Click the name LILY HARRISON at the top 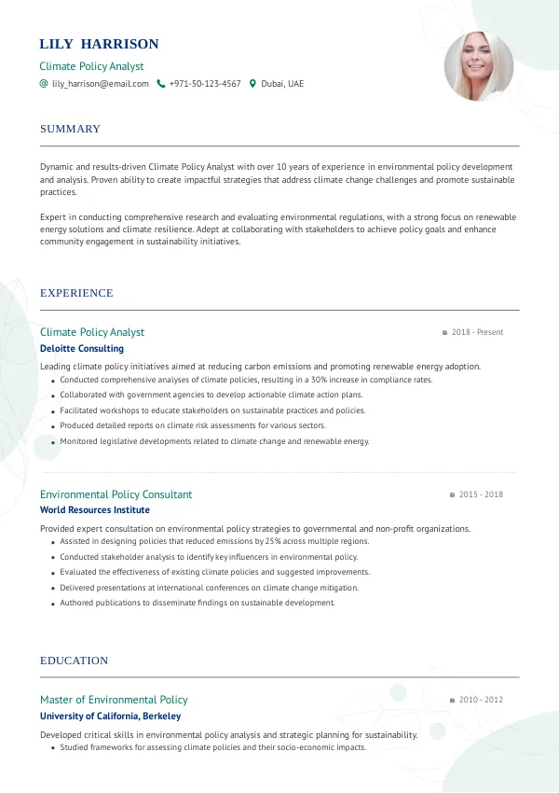pos(99,44)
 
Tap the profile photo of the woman pos(479,66)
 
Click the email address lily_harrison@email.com pos(101,84)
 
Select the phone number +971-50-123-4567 pos(205,84)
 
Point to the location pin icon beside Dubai pos(252,84)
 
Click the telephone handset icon pos(161,84)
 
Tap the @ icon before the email pos(44,84)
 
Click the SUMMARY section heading pos(70,129)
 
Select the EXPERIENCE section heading pos(76,293)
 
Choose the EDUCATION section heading pos(74,661)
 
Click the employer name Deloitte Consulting pos(82,349)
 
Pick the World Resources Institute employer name pos(95,510)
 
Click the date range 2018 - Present pos(477,332)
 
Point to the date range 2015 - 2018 pos(481,494)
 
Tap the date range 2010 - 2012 pos(481,700)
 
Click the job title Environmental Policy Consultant pos(116,494)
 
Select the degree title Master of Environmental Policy pos(114,700)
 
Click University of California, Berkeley pos(110,716)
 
